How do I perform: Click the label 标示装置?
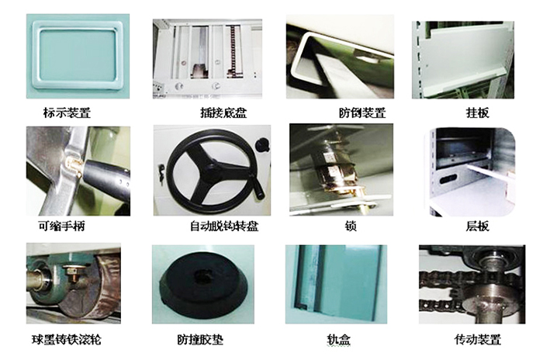pyautogui.click(x=67, y=112)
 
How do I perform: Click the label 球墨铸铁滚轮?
pyautogui.click(x=67, y=341)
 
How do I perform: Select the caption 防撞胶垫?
pyautogui.click(x=202, y=341)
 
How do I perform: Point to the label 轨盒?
pyautogui.click(x=340, y=341)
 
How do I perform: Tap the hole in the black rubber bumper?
pyautogui.click(x=204, y=273)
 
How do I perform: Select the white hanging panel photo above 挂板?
pyautogui.click(x=463, y=55)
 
